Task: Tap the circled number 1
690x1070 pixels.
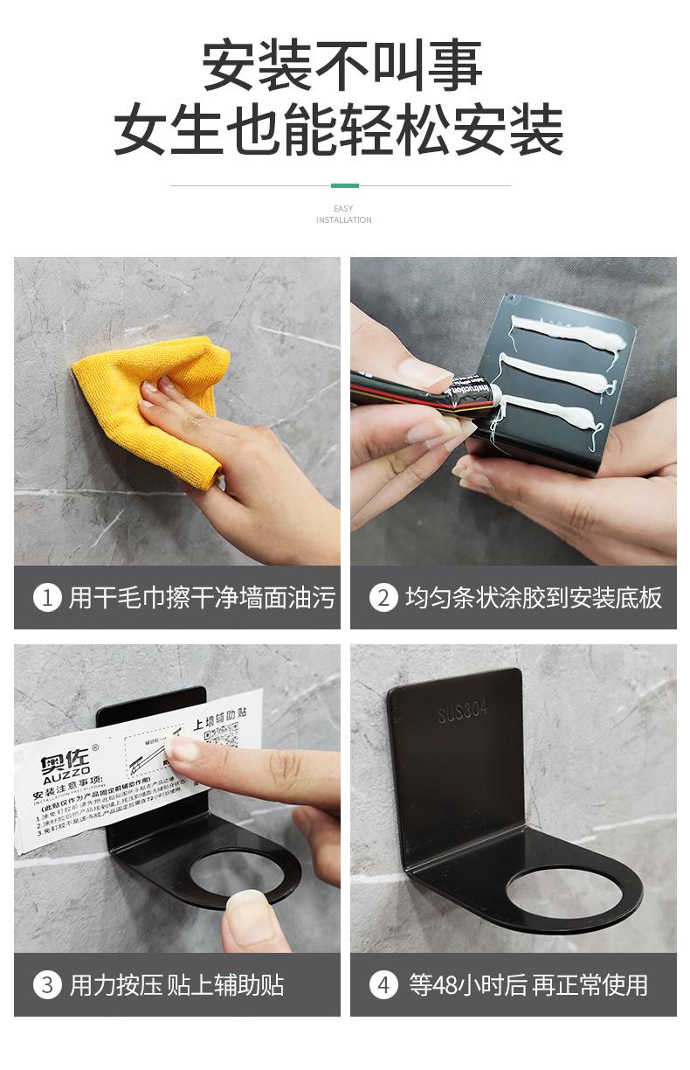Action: click(47, 598)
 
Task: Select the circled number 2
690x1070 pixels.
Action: click(383, 598)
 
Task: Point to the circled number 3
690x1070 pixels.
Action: click(47, 985)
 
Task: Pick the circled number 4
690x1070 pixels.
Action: click(383, 985)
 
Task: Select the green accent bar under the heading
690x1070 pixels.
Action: click(344, 185)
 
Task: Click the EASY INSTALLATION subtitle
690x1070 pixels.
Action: click(344, 214)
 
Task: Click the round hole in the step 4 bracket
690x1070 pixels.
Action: click(562, 892)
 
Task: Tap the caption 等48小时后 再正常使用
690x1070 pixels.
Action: click(528, 985)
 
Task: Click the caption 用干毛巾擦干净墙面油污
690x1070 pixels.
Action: click(201, 598)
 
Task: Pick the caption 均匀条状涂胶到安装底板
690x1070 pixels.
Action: click(533, 598)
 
